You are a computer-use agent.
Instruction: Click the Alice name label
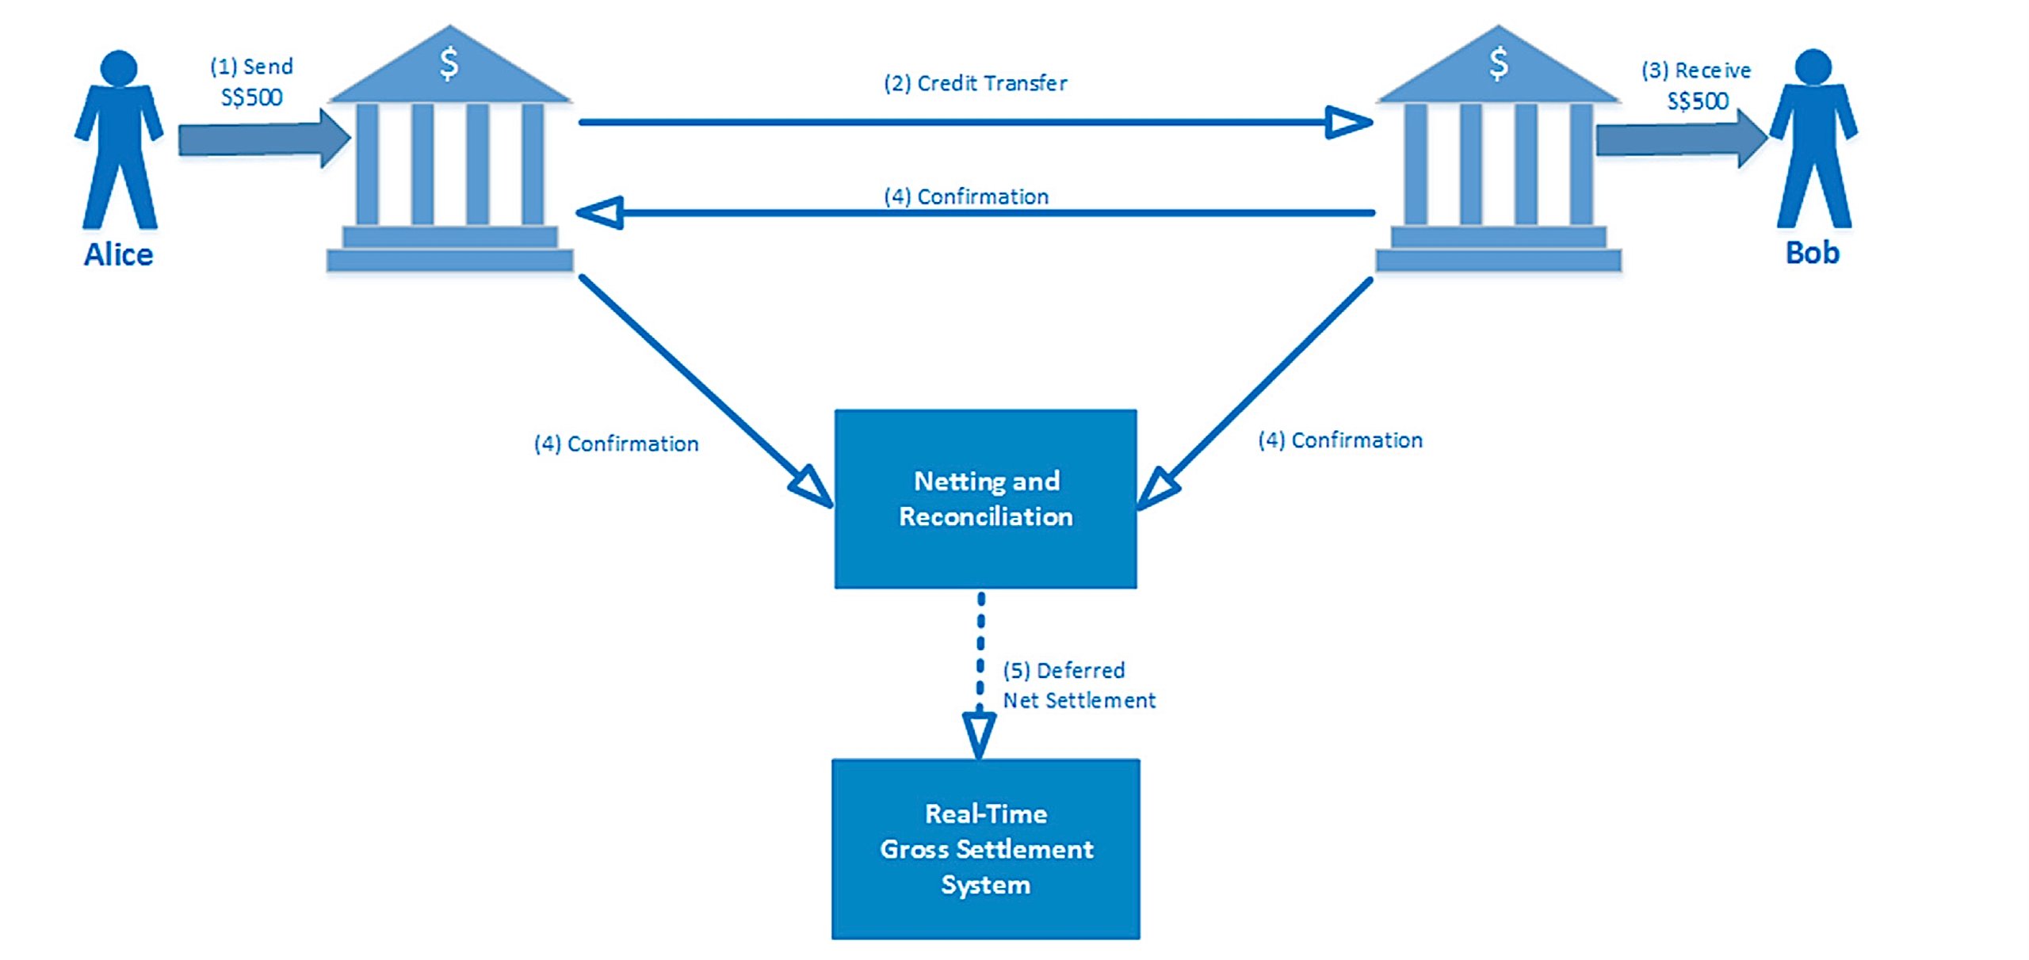118,254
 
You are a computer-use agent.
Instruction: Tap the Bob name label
1812,253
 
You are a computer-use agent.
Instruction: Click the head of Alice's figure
119,68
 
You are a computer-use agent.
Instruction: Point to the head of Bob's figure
1813,67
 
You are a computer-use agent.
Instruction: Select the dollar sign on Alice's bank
449,63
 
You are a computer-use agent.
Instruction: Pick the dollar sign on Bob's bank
1498,63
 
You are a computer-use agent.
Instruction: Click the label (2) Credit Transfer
975,83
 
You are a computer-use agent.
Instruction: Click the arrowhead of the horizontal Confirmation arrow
601,212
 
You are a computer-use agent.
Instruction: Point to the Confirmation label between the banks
966,196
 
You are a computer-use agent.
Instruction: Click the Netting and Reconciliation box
985,499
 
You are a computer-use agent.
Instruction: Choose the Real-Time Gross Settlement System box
985,849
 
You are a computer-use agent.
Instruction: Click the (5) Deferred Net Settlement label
1078,685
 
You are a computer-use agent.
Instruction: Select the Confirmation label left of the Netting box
617,444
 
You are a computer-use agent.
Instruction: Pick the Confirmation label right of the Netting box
1340,440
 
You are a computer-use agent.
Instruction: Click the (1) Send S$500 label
251,82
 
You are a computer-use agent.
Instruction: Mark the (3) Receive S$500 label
1696,86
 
